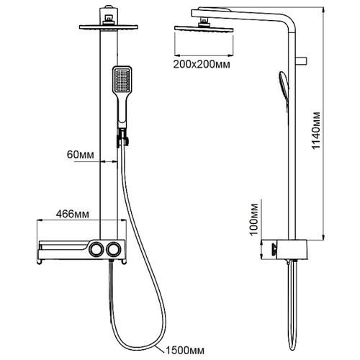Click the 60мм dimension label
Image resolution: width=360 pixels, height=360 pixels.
81,155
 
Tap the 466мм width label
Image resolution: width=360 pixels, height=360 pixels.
73,214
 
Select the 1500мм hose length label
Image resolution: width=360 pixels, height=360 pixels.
185,350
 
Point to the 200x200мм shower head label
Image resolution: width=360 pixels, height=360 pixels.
202,64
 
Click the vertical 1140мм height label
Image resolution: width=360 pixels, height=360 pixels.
316,130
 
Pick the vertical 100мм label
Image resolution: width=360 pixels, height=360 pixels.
253,220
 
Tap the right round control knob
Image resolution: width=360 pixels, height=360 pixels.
114,249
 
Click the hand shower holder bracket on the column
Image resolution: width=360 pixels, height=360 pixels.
122,138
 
